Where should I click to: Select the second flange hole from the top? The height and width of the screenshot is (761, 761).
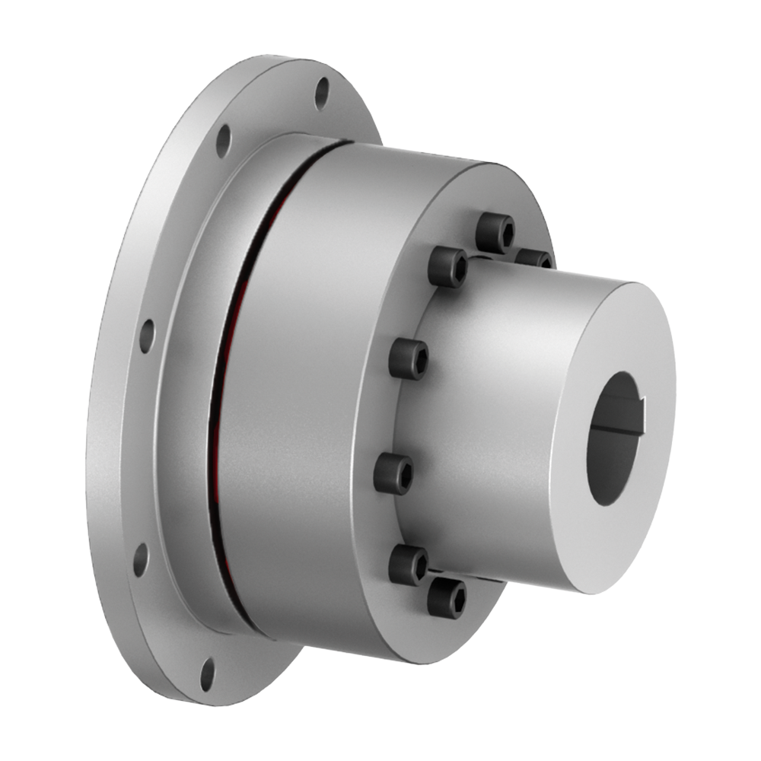(x=223, y=141)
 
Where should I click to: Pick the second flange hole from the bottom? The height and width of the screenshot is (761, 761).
(x=140, y=559)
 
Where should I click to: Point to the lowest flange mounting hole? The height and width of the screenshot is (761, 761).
(x=208, y=673)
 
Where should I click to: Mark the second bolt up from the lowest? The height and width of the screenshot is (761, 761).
(x=409, y=564)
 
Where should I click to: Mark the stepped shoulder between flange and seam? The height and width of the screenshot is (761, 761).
(x=186, y=380)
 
